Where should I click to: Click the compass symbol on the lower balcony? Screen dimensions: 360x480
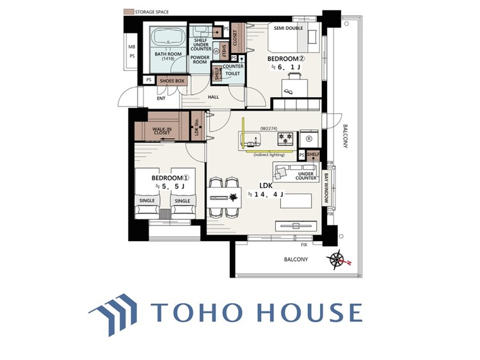[338, 259]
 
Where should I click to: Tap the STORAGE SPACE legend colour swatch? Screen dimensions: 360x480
[127, 12]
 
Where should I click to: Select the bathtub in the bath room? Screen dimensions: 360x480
[168, 39]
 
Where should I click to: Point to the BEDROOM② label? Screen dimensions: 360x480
[285, 58]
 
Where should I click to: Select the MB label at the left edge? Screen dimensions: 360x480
[132, 46]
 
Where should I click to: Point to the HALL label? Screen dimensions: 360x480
[213, 97]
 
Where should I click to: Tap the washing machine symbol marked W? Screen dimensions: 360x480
[216, 51]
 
